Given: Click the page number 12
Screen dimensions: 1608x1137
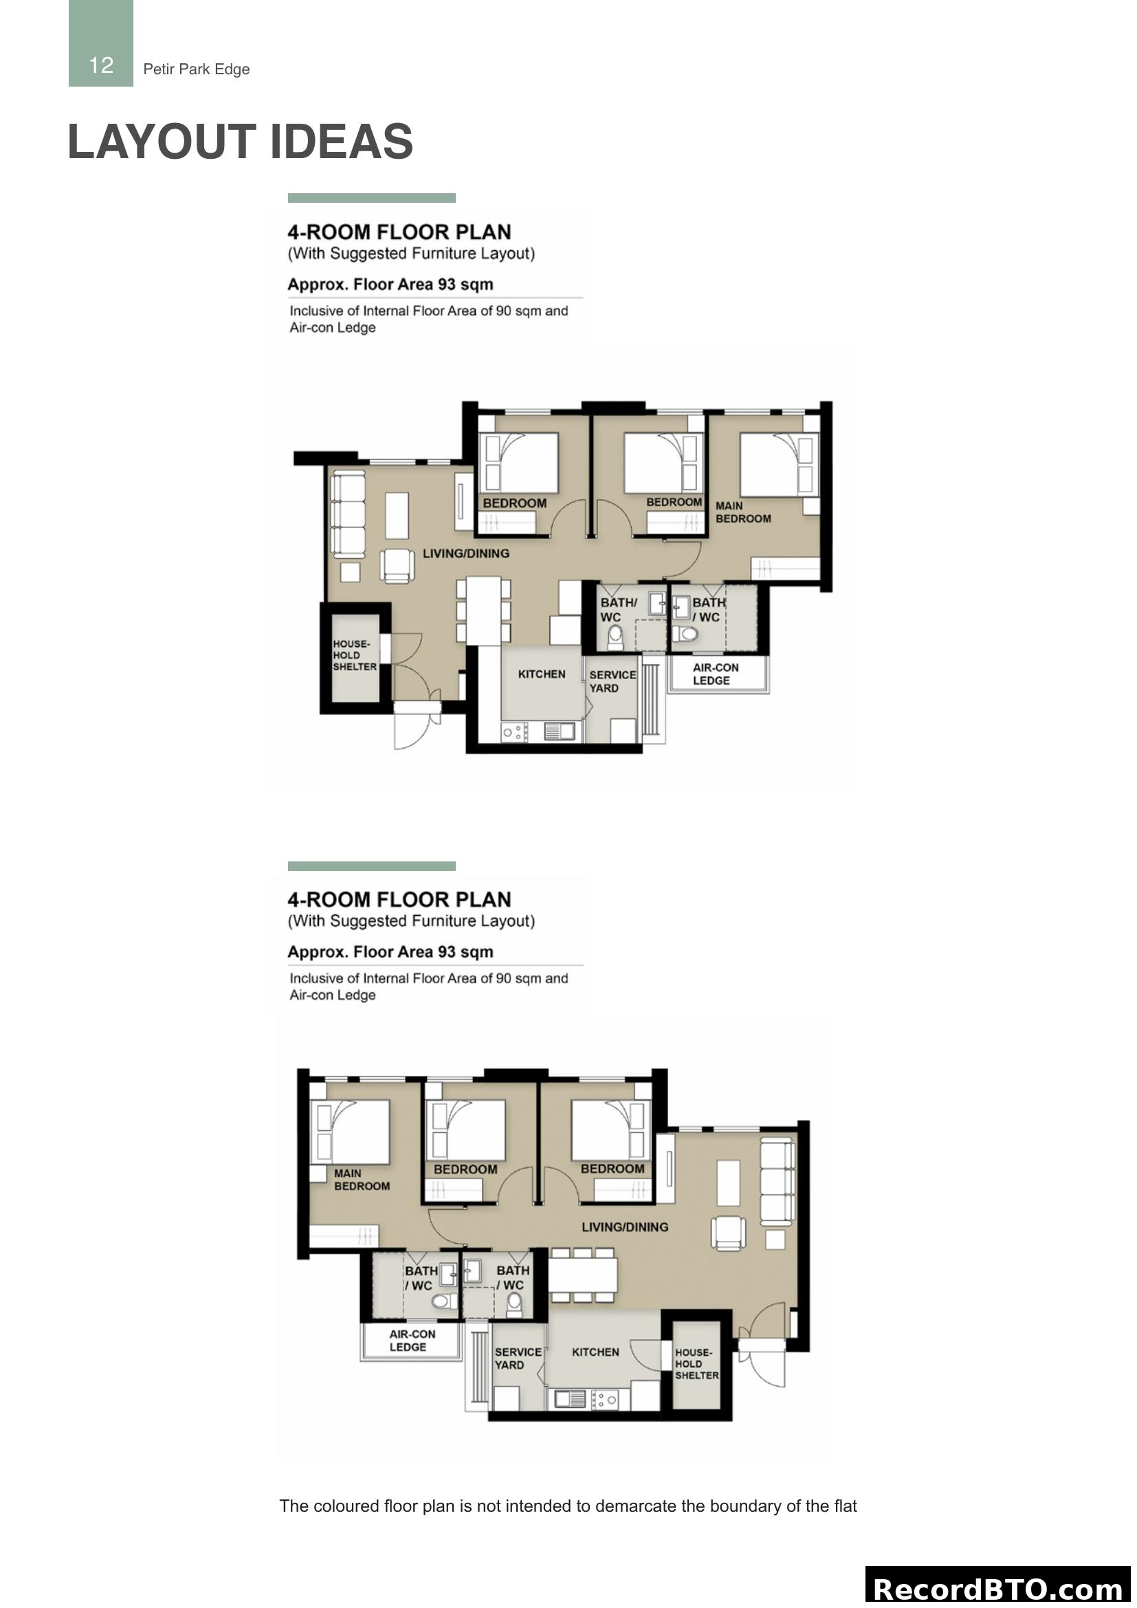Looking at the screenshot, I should click(101, 66).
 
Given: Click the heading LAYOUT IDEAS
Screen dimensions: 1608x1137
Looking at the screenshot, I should click(240, 142).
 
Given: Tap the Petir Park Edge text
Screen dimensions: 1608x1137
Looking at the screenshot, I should click(196, 69).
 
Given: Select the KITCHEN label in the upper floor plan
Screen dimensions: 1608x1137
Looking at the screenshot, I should click(541, 674).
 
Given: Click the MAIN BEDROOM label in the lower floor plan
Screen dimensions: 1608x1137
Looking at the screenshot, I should click(362, 1180).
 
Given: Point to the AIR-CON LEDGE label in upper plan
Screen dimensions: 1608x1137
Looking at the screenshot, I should click(715, 674).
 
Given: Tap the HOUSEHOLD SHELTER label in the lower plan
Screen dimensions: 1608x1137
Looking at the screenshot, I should click(696, 1363).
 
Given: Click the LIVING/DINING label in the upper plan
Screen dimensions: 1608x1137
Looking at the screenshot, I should click(465, 553).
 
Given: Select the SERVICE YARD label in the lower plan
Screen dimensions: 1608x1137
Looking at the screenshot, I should click(518, 1358).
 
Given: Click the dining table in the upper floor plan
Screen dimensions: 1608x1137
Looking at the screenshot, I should click(483, 609).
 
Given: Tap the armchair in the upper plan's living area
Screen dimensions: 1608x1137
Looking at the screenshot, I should click(397, 565).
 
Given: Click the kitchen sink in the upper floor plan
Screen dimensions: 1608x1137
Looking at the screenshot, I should click(559, 731).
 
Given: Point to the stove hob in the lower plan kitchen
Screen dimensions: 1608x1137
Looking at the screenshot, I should click(604, 1399).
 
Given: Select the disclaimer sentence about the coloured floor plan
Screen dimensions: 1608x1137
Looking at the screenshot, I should click(568, 1506).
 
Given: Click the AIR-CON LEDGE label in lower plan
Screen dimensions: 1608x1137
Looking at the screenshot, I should click(412, 1341).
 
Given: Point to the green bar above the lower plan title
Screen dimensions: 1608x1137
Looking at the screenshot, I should click(371, 866).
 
